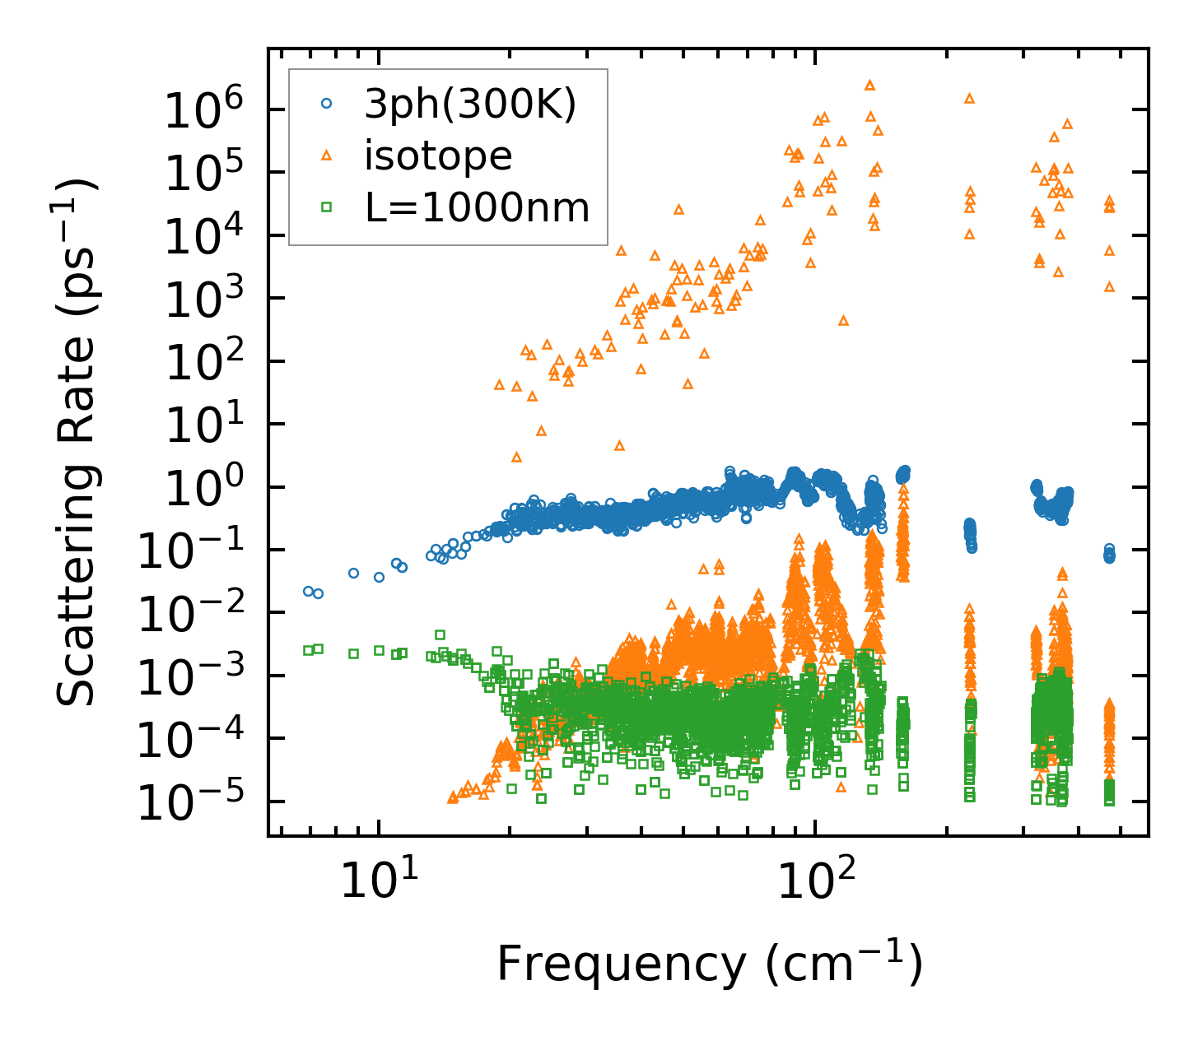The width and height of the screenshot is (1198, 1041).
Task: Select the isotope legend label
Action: [438, 156]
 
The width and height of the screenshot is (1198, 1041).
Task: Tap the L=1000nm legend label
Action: [478, 207]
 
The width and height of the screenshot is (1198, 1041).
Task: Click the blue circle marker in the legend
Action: [327, 104]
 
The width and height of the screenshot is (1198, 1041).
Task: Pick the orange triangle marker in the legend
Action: [327, 155]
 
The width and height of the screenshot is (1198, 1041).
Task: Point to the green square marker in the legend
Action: [327, 207]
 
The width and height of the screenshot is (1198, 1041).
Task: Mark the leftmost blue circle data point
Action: [308, 591]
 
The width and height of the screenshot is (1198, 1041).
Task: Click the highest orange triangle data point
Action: [869, 85]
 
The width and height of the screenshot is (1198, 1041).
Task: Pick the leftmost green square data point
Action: [308, 650]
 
